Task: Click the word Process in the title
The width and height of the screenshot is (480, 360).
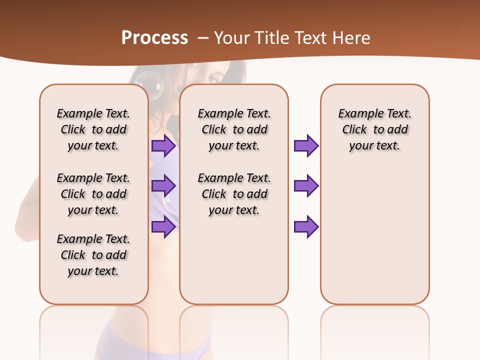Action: (x=154, y=38)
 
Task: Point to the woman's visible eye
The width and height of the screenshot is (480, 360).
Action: (x=213, y=79)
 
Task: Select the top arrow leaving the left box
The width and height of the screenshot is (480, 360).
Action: (x=163, y=146)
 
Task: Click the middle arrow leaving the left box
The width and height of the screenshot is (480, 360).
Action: (x=163, y=186)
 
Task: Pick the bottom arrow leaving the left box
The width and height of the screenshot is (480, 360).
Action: (x=163, y=226)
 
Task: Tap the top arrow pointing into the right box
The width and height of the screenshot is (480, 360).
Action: (x=306, y=146)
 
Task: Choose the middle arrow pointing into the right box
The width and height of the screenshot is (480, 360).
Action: (x=306, y=186)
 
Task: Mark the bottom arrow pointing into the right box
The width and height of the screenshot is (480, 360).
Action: (x=306, y=226)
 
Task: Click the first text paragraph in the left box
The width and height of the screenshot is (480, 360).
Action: (x=93, y=129)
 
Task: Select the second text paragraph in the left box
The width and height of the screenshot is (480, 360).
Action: (x=93, y=194)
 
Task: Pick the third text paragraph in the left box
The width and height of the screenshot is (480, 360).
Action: (x=93, y=255)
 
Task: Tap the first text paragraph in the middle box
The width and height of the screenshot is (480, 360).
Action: (x=234, y=129)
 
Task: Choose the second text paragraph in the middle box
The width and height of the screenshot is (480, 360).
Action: (x=234, y=194)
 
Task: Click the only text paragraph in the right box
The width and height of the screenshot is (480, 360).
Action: (x=375, y=129)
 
